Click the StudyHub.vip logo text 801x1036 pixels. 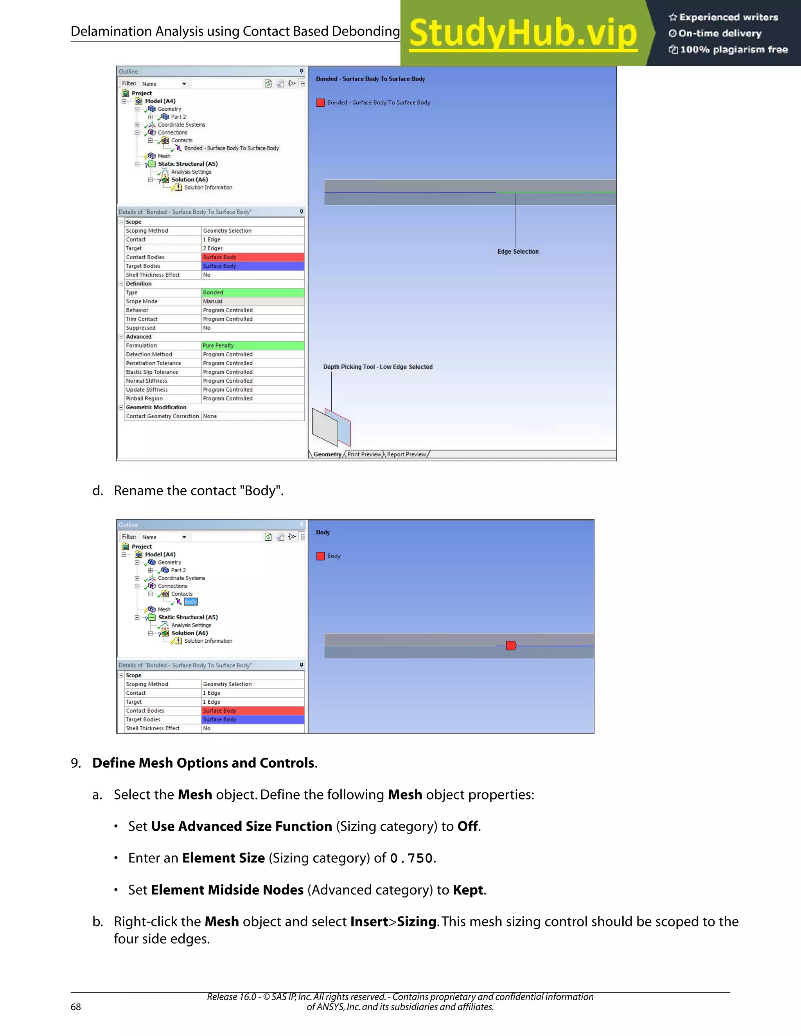coord(523,33)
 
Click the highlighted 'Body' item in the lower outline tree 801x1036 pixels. coord(190,602)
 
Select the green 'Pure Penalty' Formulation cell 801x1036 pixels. coord(252,345)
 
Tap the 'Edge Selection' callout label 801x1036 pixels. coord(518,251)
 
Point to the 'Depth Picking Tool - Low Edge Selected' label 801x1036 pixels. coord(378,367)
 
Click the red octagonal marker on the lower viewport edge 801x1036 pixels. coord(510,645)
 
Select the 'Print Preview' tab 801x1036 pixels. coord(364,454)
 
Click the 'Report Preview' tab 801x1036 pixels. coord(407,454)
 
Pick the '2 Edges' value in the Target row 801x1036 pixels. coord(213,248)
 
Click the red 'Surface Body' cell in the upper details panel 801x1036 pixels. coord(252,257)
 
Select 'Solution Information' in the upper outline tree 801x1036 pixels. coord(208,187)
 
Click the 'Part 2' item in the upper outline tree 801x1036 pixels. coord(178,117)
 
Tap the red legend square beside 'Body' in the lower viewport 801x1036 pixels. coord(321,556)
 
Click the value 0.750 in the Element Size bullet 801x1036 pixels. coord(411,858)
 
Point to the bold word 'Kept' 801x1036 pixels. coord(468,890)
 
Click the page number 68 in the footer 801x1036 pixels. coord(76,1007)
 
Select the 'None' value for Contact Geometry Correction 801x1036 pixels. coord(210,416)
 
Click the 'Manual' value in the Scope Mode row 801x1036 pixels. coord(213,301)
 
